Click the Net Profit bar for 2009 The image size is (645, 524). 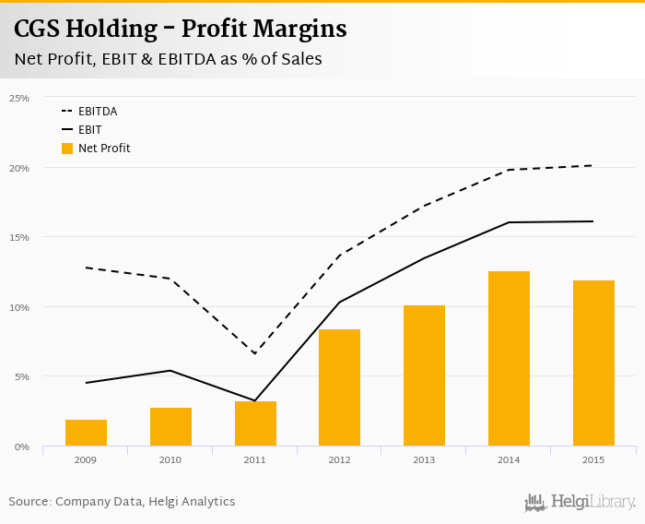coord(86,433)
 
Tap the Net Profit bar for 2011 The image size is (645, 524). coord(255,423)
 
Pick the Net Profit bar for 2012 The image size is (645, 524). coord(339,387)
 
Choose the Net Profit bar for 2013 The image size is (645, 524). coord(424,375)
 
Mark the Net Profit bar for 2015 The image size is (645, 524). coord(593,363)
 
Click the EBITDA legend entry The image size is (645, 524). coord(98,112)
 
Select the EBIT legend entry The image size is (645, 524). coord(90,130)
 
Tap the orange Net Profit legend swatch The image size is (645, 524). coord(67,148)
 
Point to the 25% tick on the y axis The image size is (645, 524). coord(19,98)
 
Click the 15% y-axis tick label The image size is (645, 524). coord(19,237)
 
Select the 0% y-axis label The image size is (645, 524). coord(22,447)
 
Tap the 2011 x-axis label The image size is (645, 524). coord(255,458)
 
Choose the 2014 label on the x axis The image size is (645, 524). coord(509,458)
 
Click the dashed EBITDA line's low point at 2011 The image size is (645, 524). coord(254,353)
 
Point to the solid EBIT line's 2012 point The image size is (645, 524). coord(339,303)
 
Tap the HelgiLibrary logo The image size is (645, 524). coord(580,502)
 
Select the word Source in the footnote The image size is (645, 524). coord(29,502)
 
